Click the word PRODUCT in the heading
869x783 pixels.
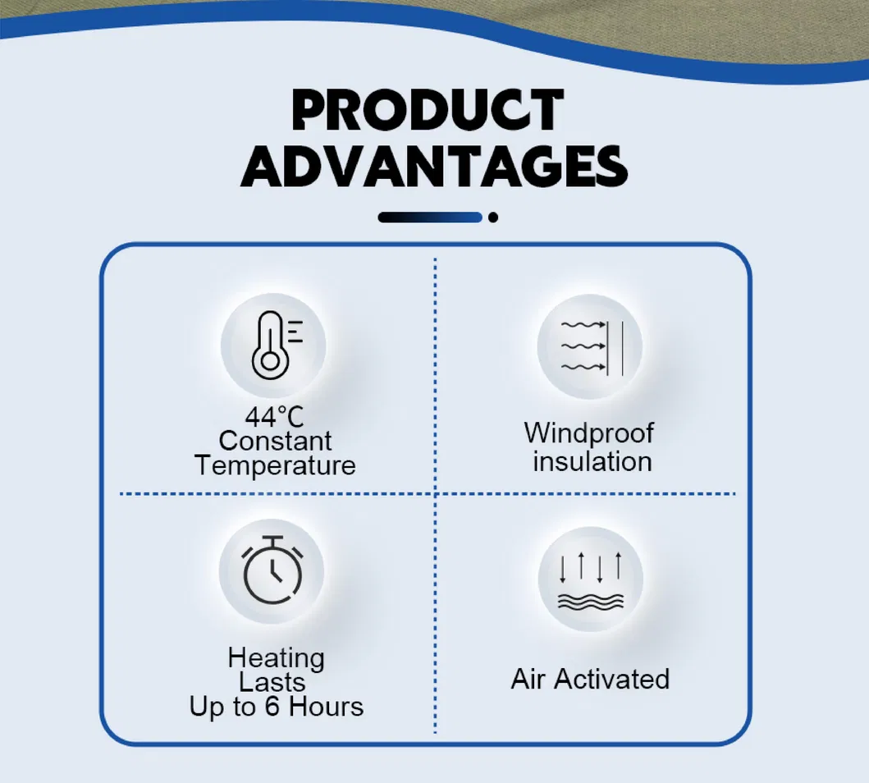(x=428, y=110)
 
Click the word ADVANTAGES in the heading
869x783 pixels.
(x=434, y=167)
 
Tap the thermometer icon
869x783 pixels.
(x=277, y=346)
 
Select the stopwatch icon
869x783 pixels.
(x=272, y=570)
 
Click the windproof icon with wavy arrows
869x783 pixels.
(x=592, y=347)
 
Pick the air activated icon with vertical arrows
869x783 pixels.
(x=590, y=581)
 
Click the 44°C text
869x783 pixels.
(x=274, y=417)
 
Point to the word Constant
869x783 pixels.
(x=275, y=441)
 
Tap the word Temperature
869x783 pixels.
(x=275, y=465)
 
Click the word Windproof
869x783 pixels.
(x=588, y=433)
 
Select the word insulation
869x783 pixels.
(x=592, y=461)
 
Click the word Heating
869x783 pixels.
(x=276, y=659)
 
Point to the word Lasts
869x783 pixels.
(x=272, y=682)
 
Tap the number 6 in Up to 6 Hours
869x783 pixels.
(x=272, y=707)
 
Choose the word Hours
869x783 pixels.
(x=326, y=707)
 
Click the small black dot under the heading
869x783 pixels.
(x=492, y=217)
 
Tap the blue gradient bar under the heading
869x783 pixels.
(x=430, y=217)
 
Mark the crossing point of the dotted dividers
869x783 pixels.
(x=435, y=493)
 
